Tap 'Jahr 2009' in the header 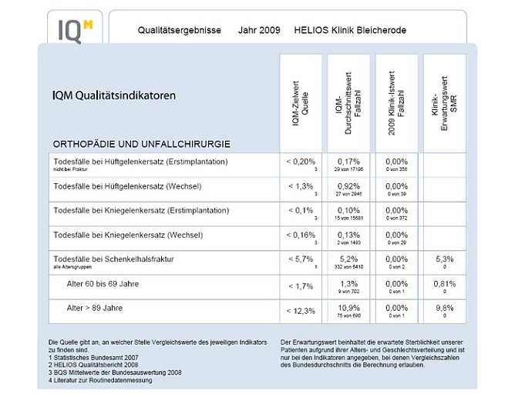pyautogui.click(x=257, y=30)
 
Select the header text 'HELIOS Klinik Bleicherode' pyautogui.click(x=350, y=30)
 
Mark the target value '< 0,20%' pyautogui.click(x=300, y=161)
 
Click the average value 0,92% pyautogui.click(x=349, y=185)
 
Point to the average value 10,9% pyautogui.click(x=349, y=308)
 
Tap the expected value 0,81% pyautogui.click(x=443, y=283)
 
